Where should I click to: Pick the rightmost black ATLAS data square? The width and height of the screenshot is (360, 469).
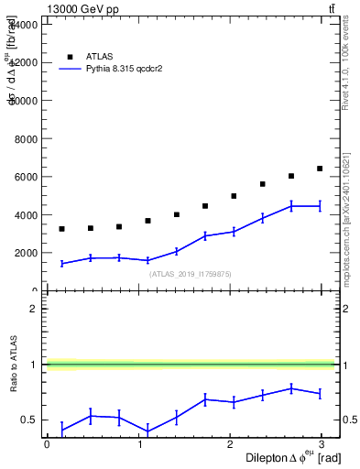320,169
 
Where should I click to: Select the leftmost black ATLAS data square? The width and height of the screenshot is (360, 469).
61,229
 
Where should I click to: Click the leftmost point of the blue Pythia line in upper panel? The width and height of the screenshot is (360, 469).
61,264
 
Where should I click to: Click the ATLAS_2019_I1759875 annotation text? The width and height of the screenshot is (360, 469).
191,274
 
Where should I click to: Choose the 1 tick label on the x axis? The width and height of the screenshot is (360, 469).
140,443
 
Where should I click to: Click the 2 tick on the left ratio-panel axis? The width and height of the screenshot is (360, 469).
32,309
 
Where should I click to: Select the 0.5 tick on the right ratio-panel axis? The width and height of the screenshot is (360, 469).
347,420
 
